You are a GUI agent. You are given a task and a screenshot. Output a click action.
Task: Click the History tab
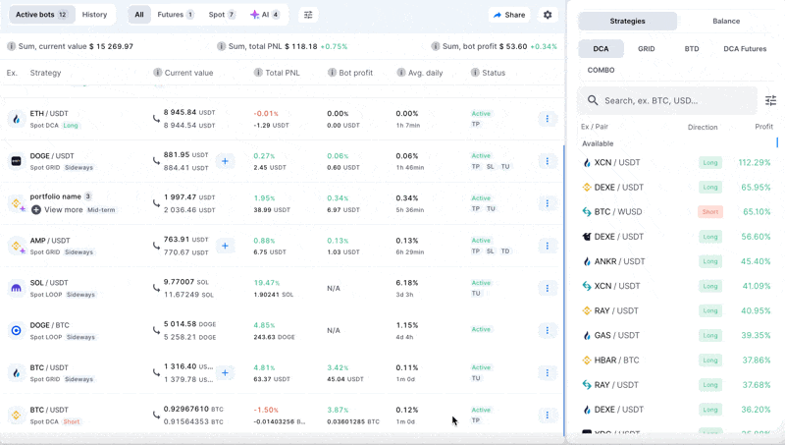(94, 15)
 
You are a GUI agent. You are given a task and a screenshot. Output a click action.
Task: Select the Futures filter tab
(175, 15)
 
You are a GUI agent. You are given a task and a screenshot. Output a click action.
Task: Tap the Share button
(509, 15)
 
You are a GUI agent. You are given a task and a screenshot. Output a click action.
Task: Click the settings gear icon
(548, 15)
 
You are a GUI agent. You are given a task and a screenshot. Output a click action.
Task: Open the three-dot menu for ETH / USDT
(548, 119)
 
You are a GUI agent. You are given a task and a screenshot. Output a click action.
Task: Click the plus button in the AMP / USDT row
(225, 246)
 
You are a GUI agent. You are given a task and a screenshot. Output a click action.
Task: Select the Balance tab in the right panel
(726, 21)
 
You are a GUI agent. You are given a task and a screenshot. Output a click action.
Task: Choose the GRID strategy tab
(646, 48)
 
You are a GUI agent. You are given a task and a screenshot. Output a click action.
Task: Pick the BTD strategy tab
(692, 48)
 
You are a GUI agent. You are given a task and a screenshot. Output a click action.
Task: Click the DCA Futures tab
(745, 48)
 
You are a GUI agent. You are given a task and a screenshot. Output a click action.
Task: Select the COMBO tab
(601, 70)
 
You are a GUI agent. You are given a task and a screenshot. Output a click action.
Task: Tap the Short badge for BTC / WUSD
(709, 211)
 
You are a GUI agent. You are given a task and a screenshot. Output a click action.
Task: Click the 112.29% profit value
(754, 162)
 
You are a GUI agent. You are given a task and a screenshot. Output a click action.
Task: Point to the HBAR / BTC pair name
(616, 360)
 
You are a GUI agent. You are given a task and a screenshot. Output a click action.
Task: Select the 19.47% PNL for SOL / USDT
(266, 282)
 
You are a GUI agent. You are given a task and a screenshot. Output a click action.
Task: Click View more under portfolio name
(63, 209)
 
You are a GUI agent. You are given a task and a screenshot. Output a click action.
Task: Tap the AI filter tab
(265, 15)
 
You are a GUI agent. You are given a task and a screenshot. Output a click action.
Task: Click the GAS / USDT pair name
(616, 335)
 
